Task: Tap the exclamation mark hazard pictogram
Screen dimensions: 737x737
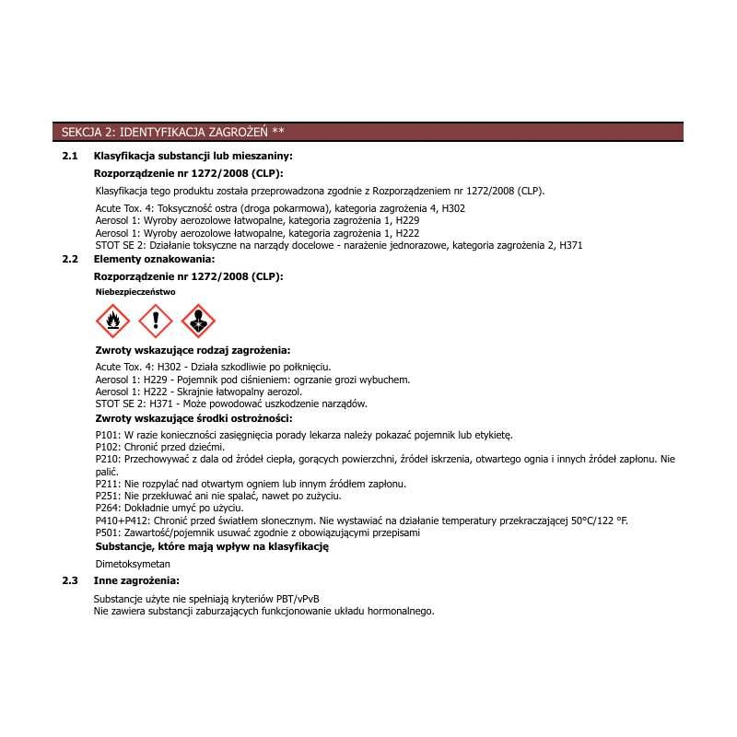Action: [x=156, y=321]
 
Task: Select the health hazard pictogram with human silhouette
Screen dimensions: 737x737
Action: [x=198, y=321]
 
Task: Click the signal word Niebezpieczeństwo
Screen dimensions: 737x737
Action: [x=135, y=291]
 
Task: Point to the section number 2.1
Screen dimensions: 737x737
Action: [x=69, y=157]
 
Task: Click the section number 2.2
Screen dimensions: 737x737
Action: [x=69, y=260]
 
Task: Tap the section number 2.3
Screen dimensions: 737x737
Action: [x=69, y=580]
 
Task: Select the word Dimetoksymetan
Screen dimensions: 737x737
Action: [x=134, y=563]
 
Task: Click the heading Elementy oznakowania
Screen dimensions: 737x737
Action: [x=154, y=260]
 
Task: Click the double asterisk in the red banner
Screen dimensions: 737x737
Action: [x=279, y=132]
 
